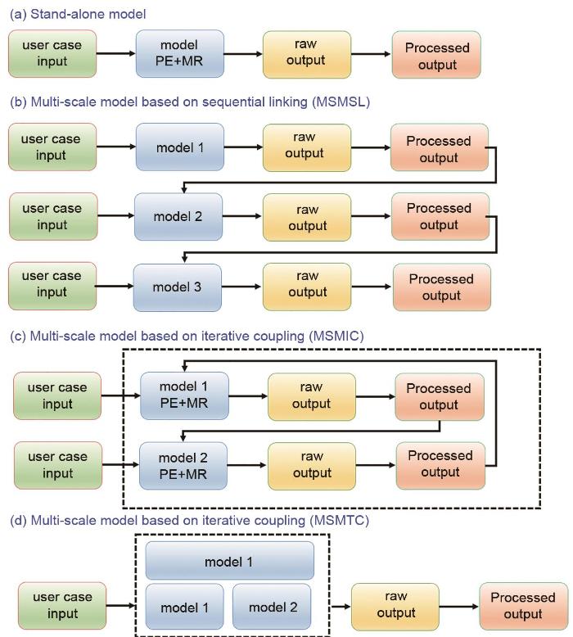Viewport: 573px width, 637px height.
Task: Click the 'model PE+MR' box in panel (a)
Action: [180, 54]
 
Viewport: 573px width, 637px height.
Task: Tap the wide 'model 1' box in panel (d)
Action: [229, 561]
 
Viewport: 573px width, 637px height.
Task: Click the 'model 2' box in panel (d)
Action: [271, 607]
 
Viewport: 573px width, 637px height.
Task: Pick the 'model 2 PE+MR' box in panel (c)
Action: [184, 465]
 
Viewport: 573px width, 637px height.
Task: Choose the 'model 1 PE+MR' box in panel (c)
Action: [184, 395]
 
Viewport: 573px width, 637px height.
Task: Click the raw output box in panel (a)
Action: [307, 54]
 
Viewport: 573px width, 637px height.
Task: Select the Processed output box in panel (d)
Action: [523, 607]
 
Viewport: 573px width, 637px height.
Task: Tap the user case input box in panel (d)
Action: [62, 607]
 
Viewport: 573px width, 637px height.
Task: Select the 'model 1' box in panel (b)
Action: [180, 148]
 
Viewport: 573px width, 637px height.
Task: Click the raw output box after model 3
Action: [307, 287]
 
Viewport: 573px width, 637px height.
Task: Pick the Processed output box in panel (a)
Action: [437, 56]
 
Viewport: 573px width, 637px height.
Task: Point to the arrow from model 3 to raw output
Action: [242, 287]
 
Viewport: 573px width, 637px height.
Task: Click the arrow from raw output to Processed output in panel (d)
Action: [458, 608]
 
